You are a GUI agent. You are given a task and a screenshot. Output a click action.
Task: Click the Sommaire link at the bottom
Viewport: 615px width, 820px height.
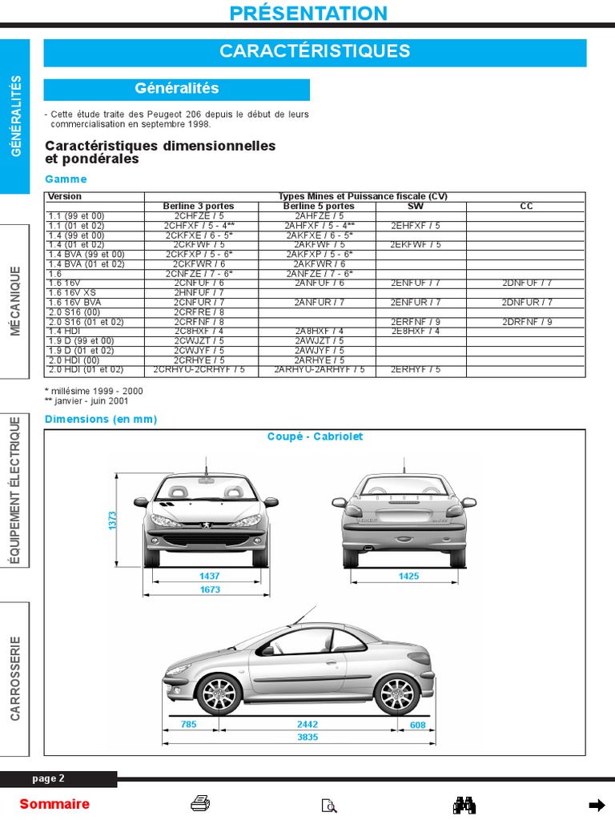click(54, 804)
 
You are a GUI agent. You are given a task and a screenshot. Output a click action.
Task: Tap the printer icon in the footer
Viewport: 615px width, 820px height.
click(200, 804)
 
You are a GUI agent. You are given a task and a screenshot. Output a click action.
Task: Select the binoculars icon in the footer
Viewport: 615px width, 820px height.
click(464, 804)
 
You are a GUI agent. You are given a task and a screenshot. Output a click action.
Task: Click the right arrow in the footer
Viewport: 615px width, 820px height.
click(597, 805)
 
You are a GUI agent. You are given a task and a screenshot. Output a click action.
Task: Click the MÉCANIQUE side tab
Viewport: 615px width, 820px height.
click(15, 301)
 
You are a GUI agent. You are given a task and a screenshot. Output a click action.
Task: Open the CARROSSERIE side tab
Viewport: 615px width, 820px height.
click(15, 677)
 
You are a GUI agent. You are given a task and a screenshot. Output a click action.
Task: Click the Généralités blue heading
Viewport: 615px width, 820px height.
click(176, 89)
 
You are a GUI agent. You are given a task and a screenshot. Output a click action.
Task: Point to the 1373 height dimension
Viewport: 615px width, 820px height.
click(113, 520)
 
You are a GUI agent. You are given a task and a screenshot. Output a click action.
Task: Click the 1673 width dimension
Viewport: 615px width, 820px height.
click(209, 590)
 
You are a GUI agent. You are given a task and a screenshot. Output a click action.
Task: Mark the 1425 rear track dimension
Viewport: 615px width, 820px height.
click(409, 576)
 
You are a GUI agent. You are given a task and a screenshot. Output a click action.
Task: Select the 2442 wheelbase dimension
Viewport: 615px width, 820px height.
click(307, 725)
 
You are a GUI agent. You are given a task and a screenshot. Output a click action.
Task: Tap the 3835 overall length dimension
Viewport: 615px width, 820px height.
click(307, 737)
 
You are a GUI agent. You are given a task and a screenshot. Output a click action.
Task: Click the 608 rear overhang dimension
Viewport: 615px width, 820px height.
click(417, 725)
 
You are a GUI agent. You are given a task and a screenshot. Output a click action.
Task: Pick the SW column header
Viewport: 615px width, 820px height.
click(416, 207)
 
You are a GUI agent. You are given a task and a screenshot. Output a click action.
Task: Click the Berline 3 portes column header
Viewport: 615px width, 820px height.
click(199, 207)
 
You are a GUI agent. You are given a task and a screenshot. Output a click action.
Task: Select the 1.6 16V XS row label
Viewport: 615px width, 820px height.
click(72, 293)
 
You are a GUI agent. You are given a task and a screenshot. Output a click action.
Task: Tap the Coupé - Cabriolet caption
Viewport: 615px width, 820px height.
click(315, 436)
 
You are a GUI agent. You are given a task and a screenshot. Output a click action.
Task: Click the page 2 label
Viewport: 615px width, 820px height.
click(49, 778)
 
